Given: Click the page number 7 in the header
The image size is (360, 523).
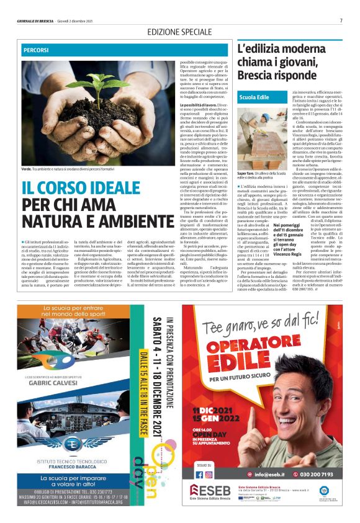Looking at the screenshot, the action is click(x=341, y=20).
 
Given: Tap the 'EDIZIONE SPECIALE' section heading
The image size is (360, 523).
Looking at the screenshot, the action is click(x=179, y=31).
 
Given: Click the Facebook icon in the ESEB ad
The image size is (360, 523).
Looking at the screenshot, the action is click(x=199, y=474).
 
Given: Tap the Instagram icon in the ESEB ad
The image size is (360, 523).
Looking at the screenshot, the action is click(x=209, y=474).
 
